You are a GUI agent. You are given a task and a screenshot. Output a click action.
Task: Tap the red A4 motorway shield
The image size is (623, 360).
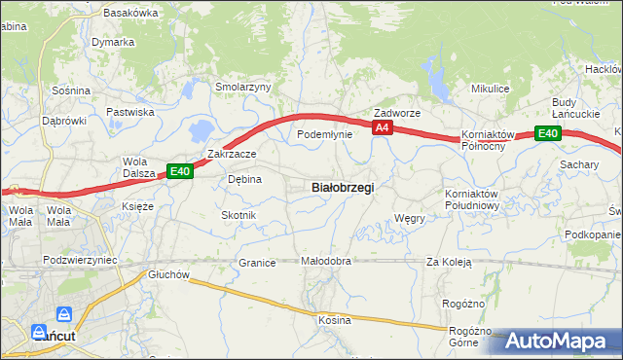[382, 127]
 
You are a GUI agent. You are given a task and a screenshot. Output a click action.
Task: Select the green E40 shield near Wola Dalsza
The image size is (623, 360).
[180, 171]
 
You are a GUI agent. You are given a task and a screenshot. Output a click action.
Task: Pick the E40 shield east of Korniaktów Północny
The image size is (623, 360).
[547, 133]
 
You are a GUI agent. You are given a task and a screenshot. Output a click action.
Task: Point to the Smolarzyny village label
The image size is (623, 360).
[243, 87]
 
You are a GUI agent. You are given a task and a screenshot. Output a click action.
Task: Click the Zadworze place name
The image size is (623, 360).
[397, 113]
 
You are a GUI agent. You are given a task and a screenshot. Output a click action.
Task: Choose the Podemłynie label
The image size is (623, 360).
[324, 134]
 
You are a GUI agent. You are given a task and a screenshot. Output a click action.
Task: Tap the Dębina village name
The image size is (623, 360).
[244, 179]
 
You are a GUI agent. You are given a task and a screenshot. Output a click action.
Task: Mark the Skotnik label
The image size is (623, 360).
[238, 215]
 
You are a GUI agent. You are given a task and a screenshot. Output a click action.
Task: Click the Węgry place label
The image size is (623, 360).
[410, 219]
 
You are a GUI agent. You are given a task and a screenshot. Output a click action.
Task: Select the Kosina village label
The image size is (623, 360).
[334, 319]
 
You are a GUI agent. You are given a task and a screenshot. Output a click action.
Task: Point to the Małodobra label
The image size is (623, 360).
[325, 262]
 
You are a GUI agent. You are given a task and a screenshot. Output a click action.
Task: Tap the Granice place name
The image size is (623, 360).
[258, 263]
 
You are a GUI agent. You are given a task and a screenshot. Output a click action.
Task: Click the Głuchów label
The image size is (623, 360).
[167, 275]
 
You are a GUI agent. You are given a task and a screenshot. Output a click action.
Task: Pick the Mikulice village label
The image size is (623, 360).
[491, 89]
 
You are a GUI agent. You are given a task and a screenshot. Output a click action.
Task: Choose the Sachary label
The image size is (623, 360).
[579, 165]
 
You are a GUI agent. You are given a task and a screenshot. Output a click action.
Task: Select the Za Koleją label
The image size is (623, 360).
[449, 262]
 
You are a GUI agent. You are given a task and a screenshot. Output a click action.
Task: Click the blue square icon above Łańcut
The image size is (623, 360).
[64, 314]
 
